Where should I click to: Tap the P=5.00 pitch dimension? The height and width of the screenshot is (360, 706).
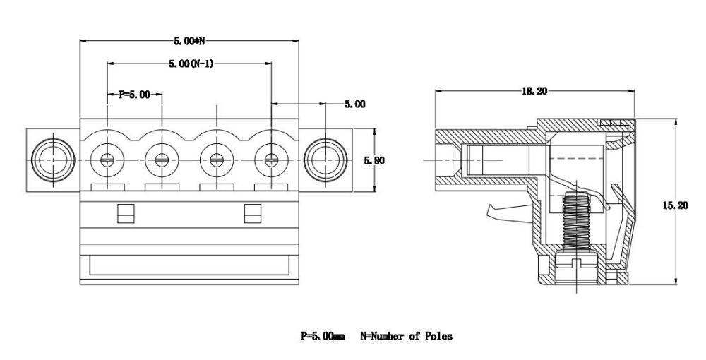(x=134, y=95)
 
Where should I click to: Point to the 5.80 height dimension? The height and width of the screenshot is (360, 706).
(x=373, y=160)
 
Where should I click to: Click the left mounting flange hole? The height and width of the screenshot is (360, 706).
(x=52, y=160)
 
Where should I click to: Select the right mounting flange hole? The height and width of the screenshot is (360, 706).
(x=325, y=160)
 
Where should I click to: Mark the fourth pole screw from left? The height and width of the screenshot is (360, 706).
(x=272, y=160)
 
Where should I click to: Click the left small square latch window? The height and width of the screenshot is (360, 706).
(x=124, y=213)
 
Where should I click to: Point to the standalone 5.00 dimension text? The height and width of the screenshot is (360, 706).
(x=355, y=104)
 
